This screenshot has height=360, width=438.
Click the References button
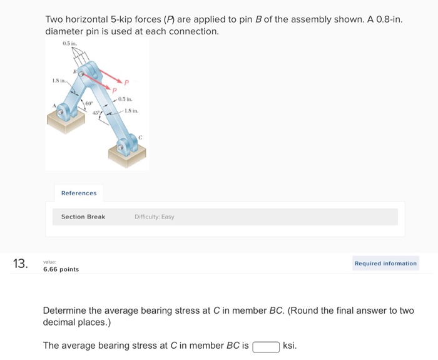coord(79,193)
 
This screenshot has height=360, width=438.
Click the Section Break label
coord(83,217)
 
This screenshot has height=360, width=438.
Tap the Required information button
coord(385,264)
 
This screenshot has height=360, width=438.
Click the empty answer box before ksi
coord(266,346)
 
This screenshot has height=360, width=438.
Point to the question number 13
coord(21,264)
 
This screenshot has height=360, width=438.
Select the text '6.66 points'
coord(61,269)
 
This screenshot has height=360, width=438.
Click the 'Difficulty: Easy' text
coord(154,217)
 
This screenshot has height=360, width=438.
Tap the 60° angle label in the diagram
coord(89,102)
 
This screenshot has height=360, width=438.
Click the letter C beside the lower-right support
coord(140,136)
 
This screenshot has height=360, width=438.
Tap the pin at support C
coord(122,150)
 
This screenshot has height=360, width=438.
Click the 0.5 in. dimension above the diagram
coord(69,43)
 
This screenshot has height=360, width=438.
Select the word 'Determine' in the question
coord(66,311)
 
